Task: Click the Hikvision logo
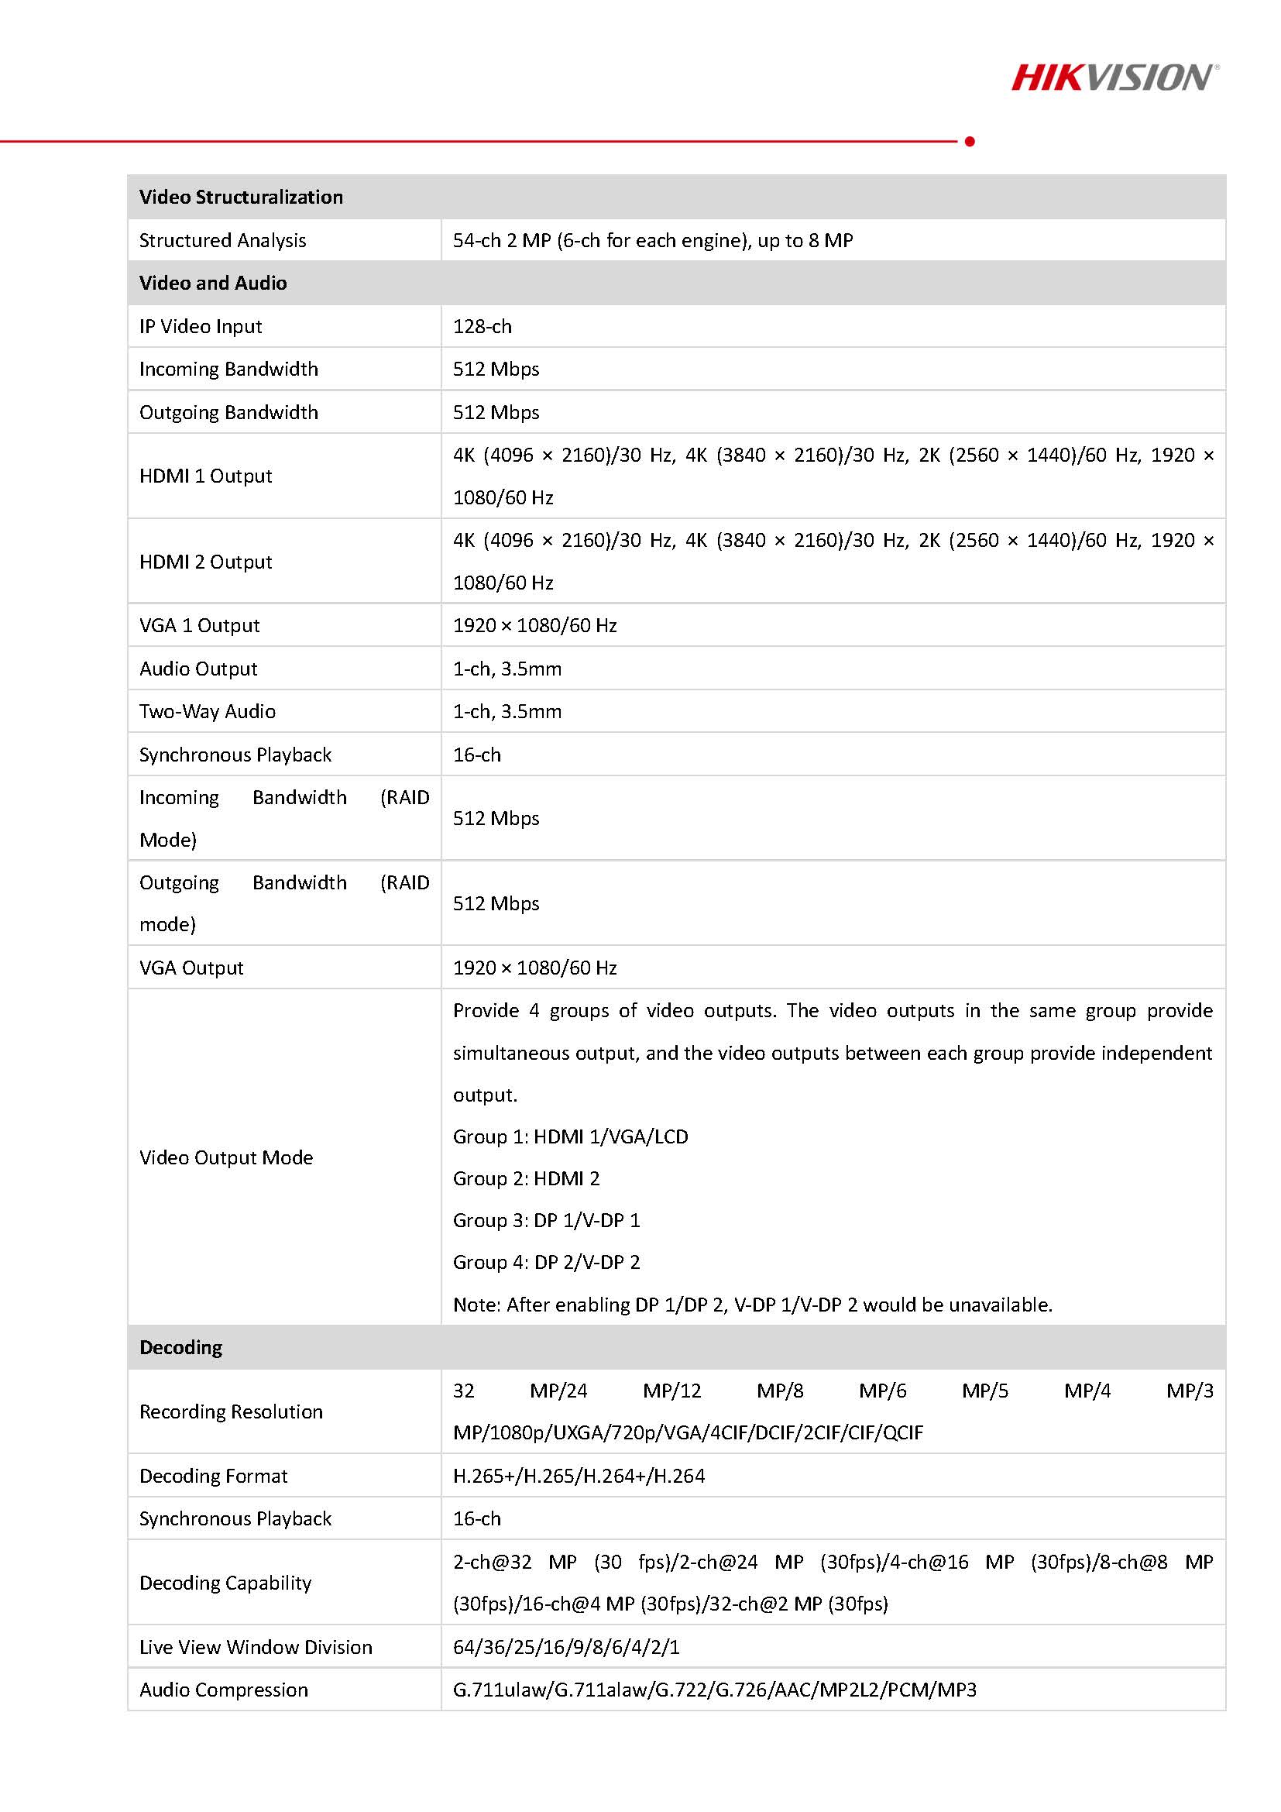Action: (1114, 78)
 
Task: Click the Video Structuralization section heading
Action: (241, 197)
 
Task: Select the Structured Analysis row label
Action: (222, 240)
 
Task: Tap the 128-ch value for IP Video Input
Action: (482, 326)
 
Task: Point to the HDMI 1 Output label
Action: (205, 476)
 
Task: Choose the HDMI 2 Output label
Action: (205, 562)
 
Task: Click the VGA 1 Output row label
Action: (199, 625)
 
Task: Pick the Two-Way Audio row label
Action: (208, 711)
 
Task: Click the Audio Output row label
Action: (198, 669)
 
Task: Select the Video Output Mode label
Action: (225, 1157)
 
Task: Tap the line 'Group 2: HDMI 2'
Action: (526, 1178)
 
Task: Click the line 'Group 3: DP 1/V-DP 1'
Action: (546, 1220)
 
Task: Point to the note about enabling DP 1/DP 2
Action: (753, 1305)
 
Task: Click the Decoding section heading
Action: (180, 1347)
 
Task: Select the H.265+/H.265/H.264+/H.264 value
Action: (579, 1476)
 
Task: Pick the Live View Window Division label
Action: (256, 1647)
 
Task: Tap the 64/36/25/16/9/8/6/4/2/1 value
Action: (565, 1647)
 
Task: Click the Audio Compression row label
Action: (223, 1690)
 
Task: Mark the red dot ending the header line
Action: (970, 141)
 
